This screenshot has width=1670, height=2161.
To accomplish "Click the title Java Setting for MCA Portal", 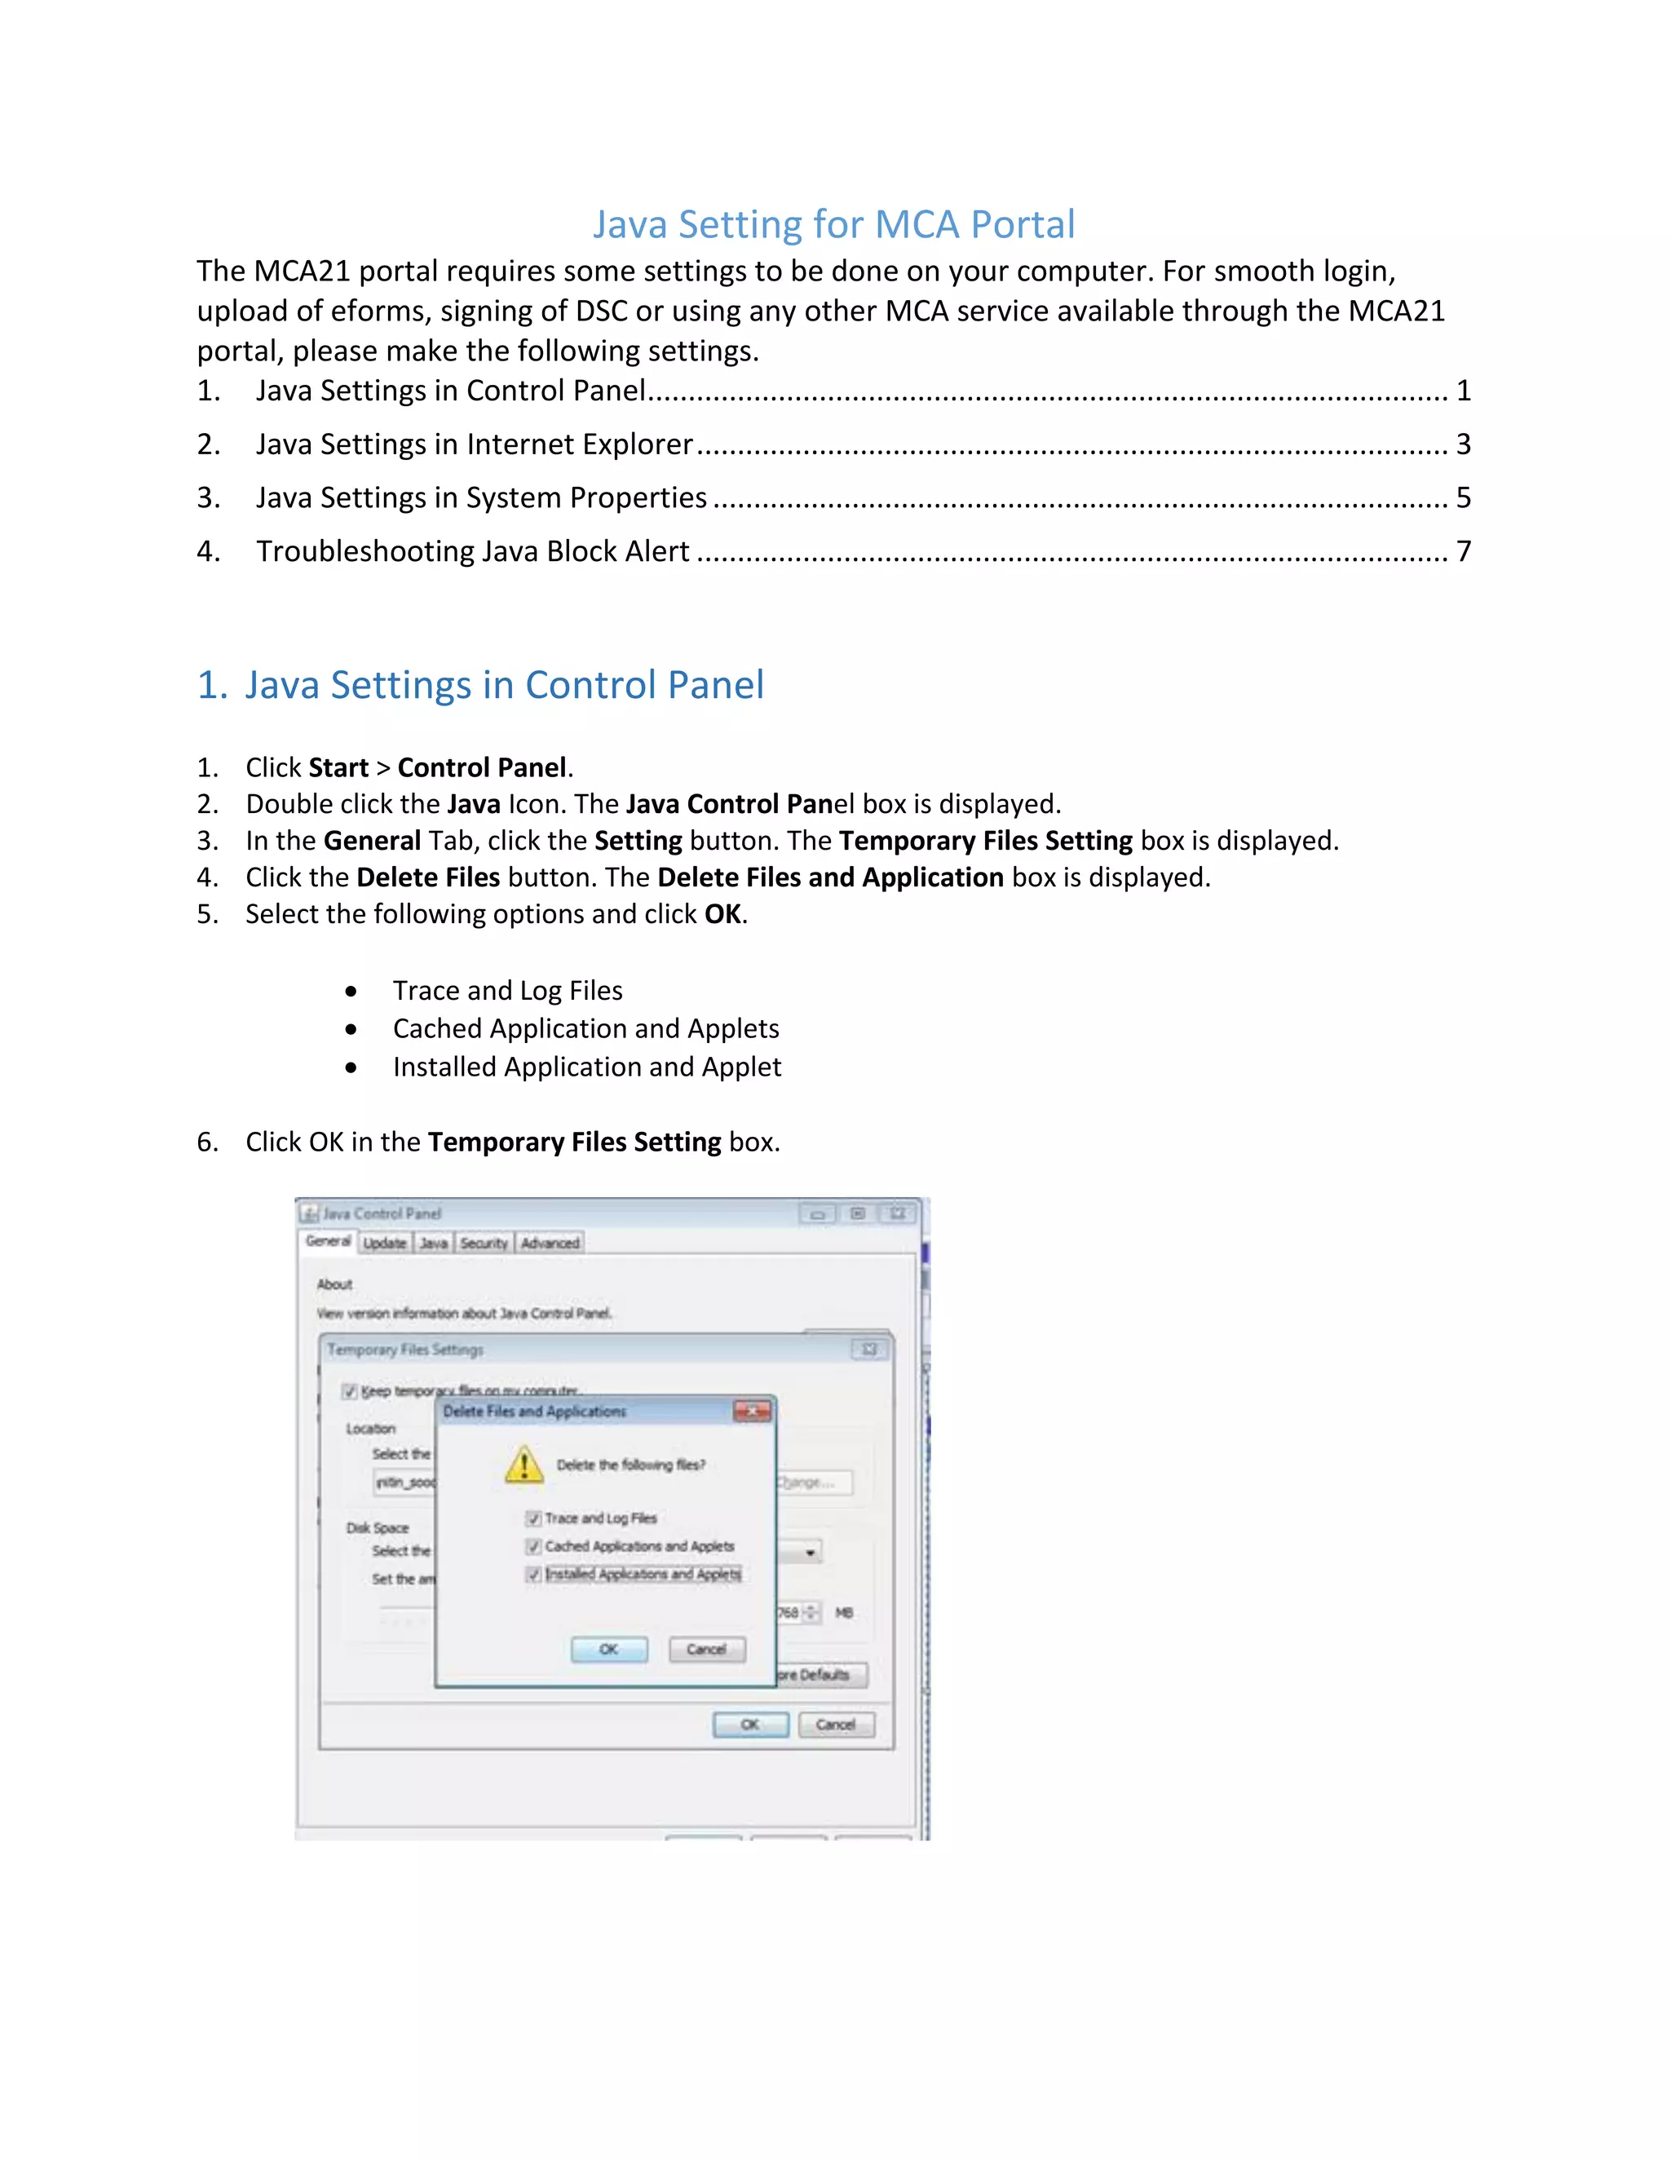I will pyautogui.click(x=833, y=224).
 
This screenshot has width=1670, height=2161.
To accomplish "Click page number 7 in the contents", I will pyautogui.click(x=1462, y=551).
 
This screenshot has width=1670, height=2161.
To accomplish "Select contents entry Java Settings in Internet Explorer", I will pyautogui.click(x=474, y=444).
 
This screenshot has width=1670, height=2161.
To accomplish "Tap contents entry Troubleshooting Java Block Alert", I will pyautogui.click(x=472, y=551).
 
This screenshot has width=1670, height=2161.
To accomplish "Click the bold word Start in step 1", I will pyautogui.click(x=338, y=768).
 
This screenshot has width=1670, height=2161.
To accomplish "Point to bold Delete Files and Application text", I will pyautogui.click(x=830, y=877).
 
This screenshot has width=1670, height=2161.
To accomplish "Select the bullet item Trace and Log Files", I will pyautogui.click(x=506, y=991).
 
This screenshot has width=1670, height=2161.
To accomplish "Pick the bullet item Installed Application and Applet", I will pyautogui.click(x=585, y=1067).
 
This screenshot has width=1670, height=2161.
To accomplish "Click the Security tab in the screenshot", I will pyautogui.click(x=484, y=1243).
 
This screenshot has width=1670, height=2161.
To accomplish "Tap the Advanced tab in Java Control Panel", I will pyautogui.click(x=550, y=1243).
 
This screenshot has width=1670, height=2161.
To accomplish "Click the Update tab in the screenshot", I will pyautogui.click(x=385, y=1243).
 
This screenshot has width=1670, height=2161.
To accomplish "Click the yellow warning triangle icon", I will pyautogui.click(x=524, y=1465).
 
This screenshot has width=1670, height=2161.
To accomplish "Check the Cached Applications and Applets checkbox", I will pyautogui.click(x=533, y=1546).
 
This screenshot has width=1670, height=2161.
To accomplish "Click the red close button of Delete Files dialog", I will pyautogui.click(x=752, y=1411).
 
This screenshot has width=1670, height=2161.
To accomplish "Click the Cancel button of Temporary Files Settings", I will pyautogui.click(x=836, y=1725).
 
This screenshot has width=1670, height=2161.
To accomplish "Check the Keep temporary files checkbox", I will pyautogui.click(x=349, y=1391).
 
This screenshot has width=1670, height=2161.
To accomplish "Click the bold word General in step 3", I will pyautogui.click(x=372, y=841).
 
